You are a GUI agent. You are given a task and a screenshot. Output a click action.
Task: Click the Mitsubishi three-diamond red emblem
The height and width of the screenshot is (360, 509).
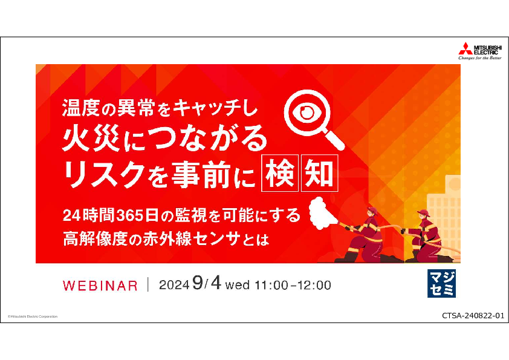tap(465, 48)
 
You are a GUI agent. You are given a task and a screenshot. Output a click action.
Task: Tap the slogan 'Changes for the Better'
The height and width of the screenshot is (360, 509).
tap(480, 58)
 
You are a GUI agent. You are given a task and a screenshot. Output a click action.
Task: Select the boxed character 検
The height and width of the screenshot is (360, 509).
tap(280, 173)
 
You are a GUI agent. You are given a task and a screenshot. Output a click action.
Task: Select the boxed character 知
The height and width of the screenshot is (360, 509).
tap(320, 173)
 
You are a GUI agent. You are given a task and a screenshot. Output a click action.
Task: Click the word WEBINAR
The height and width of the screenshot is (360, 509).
tap(100, 286)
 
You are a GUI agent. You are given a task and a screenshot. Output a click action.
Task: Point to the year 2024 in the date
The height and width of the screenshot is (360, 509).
tap(174, 285)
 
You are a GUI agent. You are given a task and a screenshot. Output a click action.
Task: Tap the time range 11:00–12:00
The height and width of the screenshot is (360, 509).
tap(293, 285)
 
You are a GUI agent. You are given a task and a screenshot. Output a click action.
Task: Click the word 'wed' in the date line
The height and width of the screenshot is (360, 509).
tap(238, 285)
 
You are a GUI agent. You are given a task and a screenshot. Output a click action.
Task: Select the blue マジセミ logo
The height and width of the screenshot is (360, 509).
tap(441, 283)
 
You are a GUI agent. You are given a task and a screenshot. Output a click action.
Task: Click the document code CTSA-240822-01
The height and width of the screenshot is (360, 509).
tap(473, 315)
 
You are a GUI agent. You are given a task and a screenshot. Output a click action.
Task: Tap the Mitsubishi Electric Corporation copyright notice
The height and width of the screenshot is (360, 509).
tap(33, 316)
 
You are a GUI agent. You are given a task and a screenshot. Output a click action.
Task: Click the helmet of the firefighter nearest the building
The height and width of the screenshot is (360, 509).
tap(424, 213)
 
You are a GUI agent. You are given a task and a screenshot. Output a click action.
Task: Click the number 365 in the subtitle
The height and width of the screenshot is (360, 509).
tap(129, 216)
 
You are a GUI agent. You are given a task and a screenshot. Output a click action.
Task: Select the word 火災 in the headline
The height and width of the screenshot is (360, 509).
tap(91, 139)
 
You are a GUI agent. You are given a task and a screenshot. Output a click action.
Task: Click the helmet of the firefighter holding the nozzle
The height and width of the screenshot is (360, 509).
tap(372, 211)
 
